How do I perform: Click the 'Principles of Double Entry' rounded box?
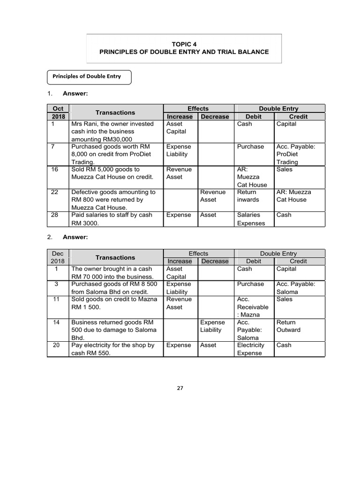[89, 76]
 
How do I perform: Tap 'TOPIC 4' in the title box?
[184, 44]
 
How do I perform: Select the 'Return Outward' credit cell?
[286, 326]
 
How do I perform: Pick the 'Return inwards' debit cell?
[247, 195]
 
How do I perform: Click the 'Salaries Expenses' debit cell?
[248, 219]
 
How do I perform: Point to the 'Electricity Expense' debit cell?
[250, 349]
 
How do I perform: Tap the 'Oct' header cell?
[58, 109]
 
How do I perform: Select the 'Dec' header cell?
[58, 254]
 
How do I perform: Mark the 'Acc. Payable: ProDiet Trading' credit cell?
[295, 154]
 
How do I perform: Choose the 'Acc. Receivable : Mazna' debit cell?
[253, 307]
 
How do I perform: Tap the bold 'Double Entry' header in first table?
[278, 109]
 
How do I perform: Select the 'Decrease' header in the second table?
[215, 261]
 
